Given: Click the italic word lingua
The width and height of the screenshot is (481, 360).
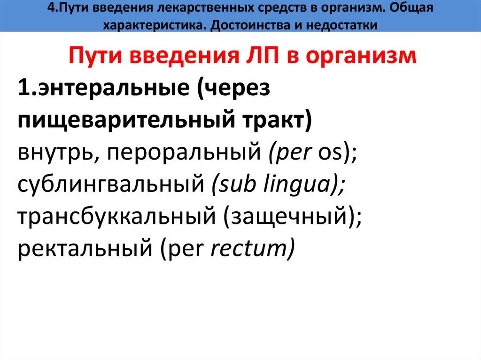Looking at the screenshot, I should pos(301,186).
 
